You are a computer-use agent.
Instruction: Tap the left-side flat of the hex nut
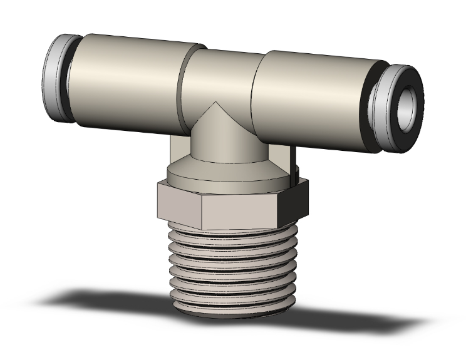click(177, 203)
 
